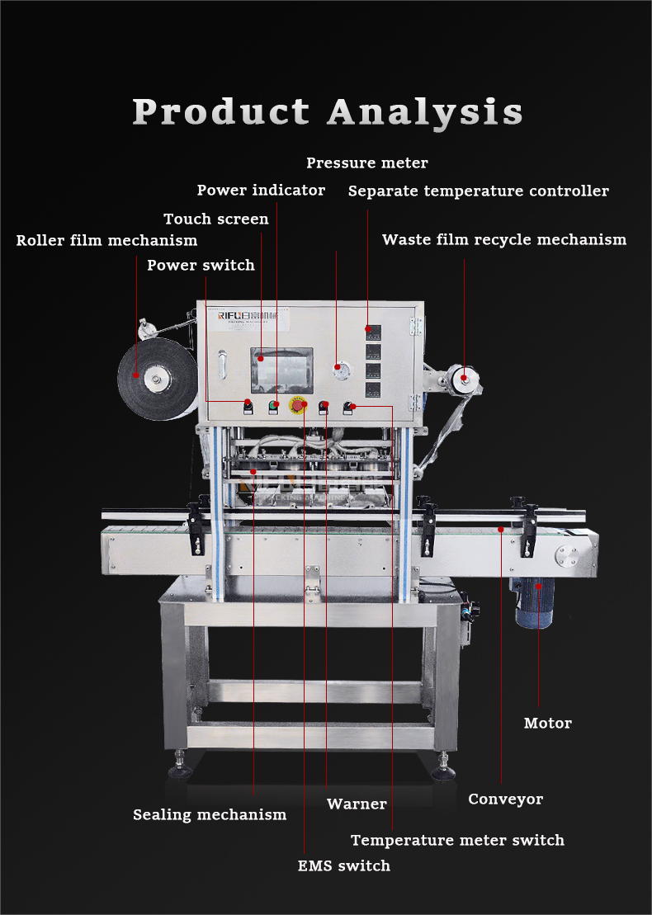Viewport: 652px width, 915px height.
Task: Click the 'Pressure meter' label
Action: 367,163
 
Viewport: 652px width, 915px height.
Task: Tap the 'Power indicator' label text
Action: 261,191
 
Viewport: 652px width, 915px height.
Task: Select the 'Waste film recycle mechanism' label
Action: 503,240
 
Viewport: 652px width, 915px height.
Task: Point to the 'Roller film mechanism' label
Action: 106,241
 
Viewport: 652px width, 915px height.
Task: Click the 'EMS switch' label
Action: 343,865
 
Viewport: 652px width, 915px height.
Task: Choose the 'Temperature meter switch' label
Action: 457,840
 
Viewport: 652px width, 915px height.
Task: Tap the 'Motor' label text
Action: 547,724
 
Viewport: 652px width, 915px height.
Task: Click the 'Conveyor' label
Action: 505,799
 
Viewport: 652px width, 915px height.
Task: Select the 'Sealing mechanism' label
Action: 210,814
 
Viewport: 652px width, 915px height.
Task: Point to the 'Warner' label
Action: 357,804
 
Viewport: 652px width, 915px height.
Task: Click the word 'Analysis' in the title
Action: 425,111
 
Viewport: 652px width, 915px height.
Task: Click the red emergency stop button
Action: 298,406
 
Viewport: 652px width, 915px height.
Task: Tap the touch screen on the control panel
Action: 281,370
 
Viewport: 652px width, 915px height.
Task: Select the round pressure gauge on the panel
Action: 338,367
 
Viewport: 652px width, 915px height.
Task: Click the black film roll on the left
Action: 154,380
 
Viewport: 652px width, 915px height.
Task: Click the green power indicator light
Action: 273,405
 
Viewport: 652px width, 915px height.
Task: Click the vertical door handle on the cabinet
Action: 221,366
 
